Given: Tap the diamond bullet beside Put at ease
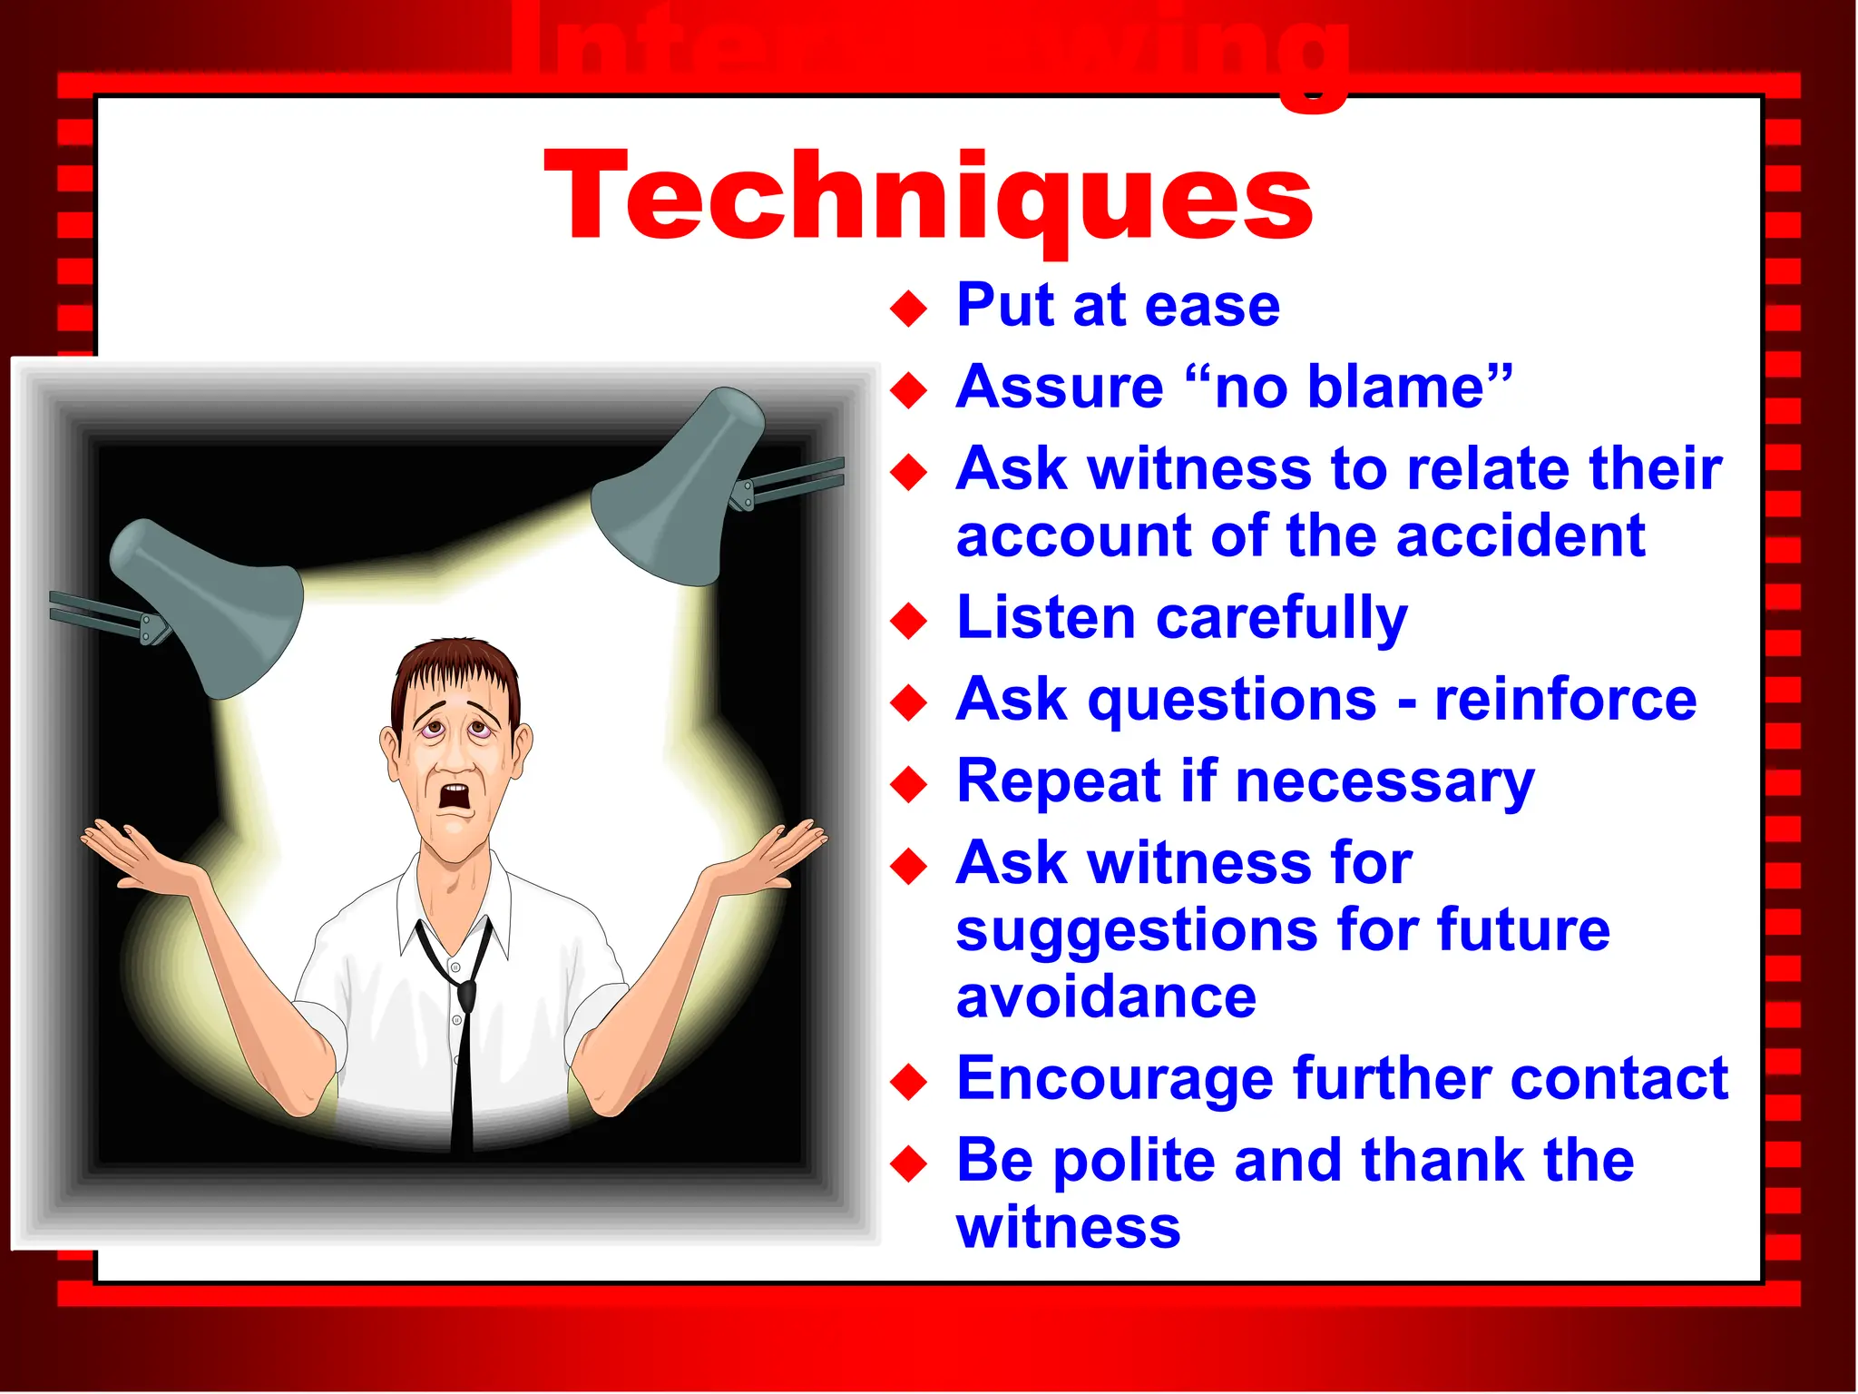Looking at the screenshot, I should (x=908, y=309).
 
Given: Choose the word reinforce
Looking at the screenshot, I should (x=1565, y=701).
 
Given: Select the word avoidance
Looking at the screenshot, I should (x=1106, y=998).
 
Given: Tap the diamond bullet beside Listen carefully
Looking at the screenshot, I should (x=908, y=622).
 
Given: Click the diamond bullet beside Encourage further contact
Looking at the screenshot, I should (x=908, y=1082).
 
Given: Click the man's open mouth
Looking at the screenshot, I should (x=455, y=796).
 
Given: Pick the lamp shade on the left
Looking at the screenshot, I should (x=209, y=604).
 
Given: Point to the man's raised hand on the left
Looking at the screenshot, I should (x=136, y=853).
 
